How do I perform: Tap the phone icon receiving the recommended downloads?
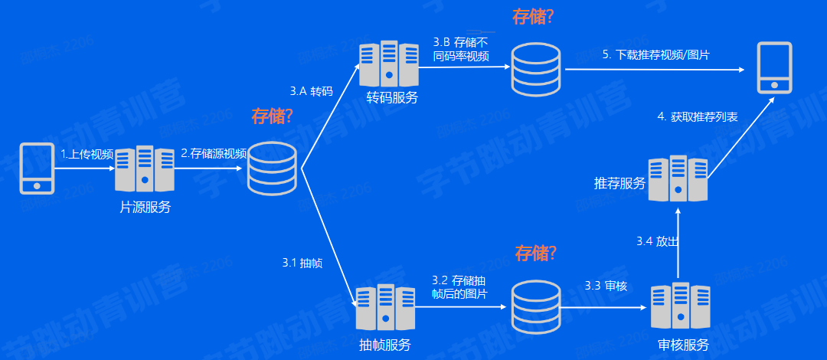tap(774, 68)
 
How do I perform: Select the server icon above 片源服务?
tap(145, 169)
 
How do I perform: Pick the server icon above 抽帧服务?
tap(384, 307)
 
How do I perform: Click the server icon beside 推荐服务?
tap(678, 178)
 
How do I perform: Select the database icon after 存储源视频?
tap(273, 169)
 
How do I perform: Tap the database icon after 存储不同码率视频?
tap(536, 70)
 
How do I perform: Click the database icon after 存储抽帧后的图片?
tap(536, 306)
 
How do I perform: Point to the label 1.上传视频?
tap(87, 154)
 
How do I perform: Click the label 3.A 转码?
tap(312, 91)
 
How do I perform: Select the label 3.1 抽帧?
tap(302, 263)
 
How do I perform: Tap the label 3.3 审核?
tap(606, 286)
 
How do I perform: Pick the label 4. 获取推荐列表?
tap(698, 117)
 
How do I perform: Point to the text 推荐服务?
tap(619, 185)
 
